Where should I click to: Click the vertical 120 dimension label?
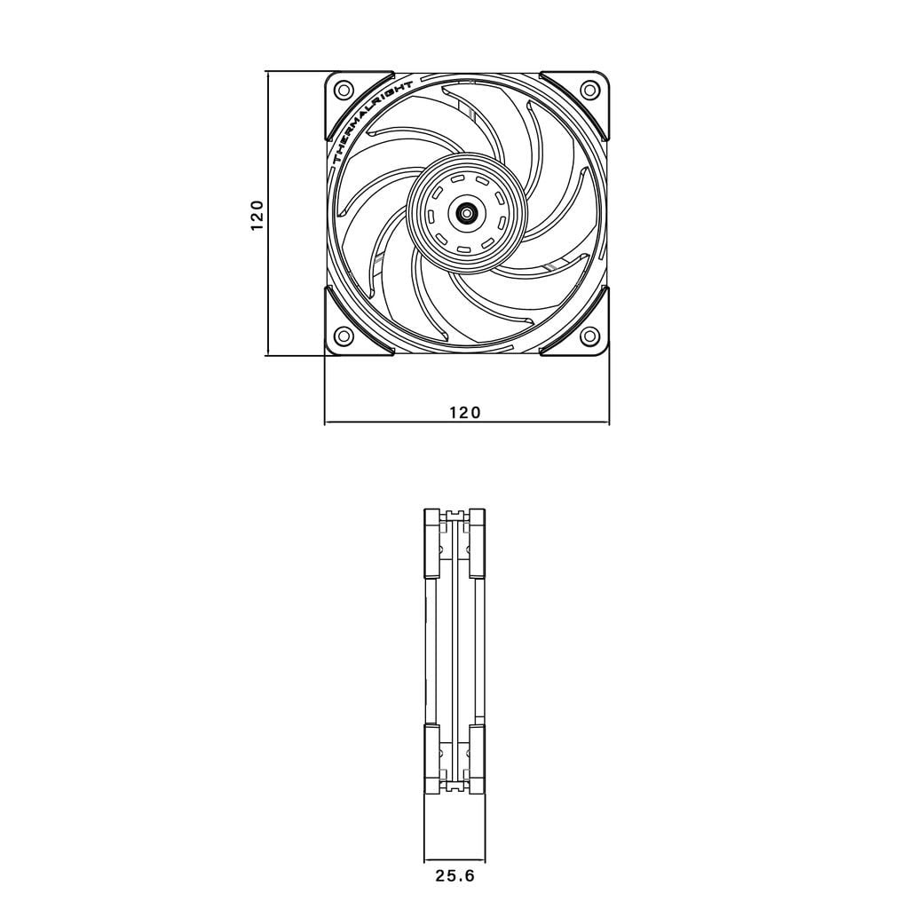[257, 216]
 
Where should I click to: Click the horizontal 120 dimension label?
[465, 412]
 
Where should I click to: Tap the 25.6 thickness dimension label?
[455, 876]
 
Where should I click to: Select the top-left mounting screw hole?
[344, 89]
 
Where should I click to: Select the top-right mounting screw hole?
[589, 89]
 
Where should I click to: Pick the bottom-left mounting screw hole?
[344, 336]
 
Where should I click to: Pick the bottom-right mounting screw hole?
[589, 336]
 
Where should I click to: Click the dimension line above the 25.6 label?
[454, 858]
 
